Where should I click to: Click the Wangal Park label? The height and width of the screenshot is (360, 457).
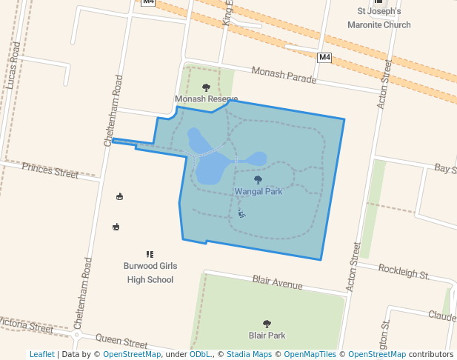coord(258,192)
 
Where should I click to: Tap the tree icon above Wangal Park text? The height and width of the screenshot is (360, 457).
coord(258,179)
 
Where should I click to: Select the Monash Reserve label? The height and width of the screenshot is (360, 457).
coord(206,99)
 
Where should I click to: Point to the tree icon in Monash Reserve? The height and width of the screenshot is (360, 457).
coord(206,87)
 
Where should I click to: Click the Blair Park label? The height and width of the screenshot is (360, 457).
coord(267,336)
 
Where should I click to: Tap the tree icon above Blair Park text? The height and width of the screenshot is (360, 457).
coord(267,324)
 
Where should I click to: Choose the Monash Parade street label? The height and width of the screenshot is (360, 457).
coord(284,75)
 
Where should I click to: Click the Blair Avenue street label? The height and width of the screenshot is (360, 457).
coord(277,282)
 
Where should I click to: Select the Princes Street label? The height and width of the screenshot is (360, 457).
coord(50,171)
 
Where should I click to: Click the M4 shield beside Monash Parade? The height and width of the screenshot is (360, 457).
coord(324,57)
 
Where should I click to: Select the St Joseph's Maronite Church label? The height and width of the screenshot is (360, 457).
coord(378,18)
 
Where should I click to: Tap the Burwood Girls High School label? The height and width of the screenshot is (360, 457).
coord(150,273)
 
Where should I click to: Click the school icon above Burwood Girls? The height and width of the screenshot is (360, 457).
coord(150,254)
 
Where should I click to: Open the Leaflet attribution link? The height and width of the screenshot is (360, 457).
coord(41,354)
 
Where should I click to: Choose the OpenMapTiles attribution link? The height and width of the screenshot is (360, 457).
coord(310,354)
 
